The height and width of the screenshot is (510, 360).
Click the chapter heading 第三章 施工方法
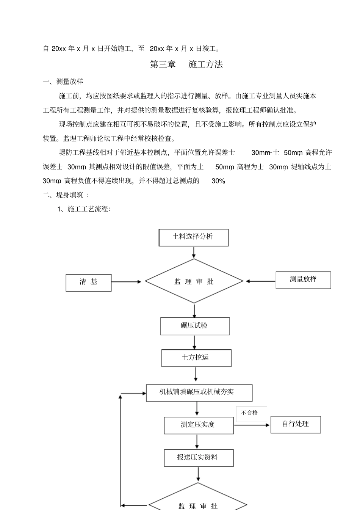tap(186, 64)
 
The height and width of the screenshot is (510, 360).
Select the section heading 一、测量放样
tap(63, 82)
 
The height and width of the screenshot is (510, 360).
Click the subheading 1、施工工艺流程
tap(84, 209)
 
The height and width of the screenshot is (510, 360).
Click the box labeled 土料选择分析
tap(193, 237)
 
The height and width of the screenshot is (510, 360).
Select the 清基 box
tap(88, 282)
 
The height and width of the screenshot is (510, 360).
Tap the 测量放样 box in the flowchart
tap(303, 280)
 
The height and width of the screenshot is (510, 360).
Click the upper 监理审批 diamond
tap(194, 281)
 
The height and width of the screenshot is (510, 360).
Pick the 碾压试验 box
tap(195, 326)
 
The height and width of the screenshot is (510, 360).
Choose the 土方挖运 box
tap(196, 358)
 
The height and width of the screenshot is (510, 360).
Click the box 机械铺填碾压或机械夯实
tap(199, 392)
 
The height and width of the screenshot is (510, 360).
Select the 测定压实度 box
tap(199, 425)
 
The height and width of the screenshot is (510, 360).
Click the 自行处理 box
tap(296, 424)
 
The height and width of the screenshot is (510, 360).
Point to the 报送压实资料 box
tap(199, 458)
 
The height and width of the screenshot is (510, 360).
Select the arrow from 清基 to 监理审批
tap(126, 282)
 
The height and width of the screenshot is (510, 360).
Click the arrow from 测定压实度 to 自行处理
tap(252, 425)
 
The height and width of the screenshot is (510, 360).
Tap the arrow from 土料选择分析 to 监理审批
tap(194, 253)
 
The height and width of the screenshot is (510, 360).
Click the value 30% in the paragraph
tap(218, 181)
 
